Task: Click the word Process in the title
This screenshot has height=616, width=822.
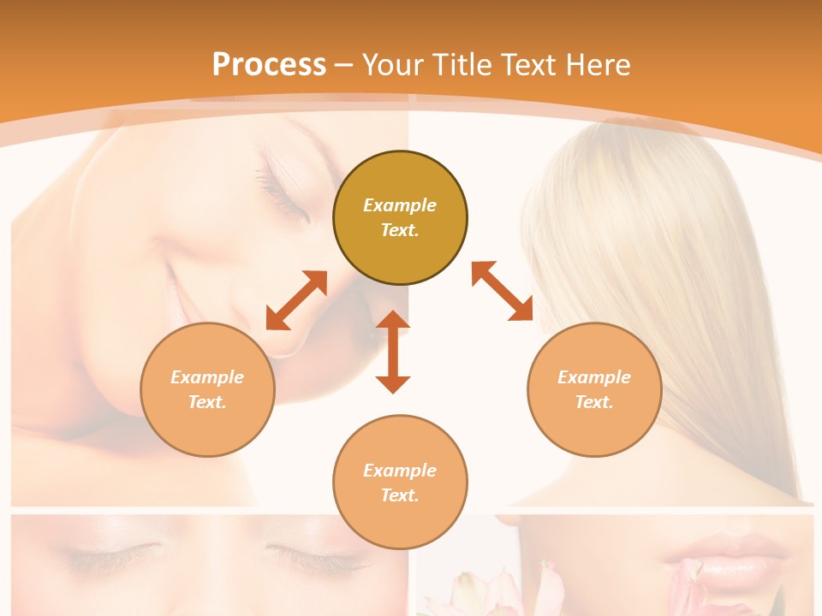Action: [269, 65]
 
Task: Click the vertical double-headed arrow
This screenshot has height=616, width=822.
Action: [393, 352]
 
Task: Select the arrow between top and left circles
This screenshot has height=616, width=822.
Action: [296, 300]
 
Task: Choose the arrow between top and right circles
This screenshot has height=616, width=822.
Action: [502, 292]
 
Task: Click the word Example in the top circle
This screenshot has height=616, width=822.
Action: [400, 205]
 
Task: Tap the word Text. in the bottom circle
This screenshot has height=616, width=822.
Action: [400, 495]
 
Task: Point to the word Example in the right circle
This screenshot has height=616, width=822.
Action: [594, 377]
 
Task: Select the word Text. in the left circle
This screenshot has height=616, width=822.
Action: [207, 402]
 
